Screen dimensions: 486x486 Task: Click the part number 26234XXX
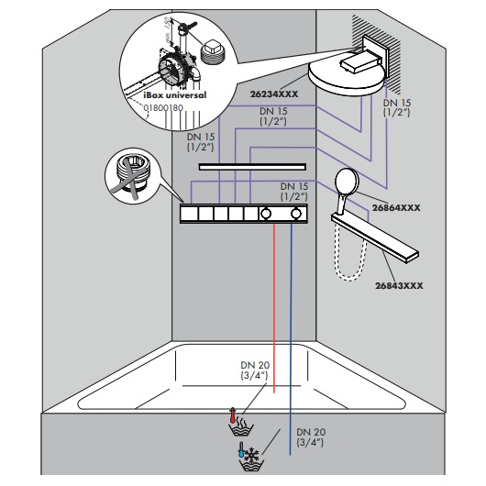coord(274,94)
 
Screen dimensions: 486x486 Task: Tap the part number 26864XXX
coord(396,207)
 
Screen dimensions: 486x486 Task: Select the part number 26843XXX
coord(399,285)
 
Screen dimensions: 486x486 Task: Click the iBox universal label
coord(175,94)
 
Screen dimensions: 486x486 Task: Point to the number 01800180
coord(163,108)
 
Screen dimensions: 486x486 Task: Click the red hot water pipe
coord(274,308)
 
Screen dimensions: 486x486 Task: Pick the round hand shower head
coord(348,182)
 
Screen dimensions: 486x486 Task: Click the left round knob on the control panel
coord(266,214)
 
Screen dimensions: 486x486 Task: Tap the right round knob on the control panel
coord(296,214)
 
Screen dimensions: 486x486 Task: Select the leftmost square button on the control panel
coord(190,214)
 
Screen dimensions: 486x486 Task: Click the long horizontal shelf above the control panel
coord(252,167)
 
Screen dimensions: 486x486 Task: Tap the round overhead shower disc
coord(347,79)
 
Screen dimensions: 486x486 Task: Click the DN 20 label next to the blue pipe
coord(311,437)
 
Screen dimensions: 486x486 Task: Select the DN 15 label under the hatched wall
coord(397,107)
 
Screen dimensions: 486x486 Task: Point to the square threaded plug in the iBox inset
coord(213,52)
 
